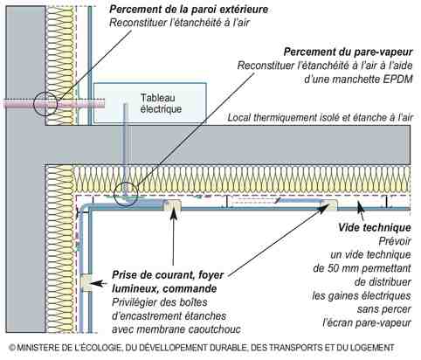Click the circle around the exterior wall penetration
(45, 104)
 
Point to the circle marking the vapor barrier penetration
(129, 190)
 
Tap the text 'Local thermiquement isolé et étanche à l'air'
(320, 119)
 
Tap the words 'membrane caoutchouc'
(187, 329)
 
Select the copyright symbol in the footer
(8, 348)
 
